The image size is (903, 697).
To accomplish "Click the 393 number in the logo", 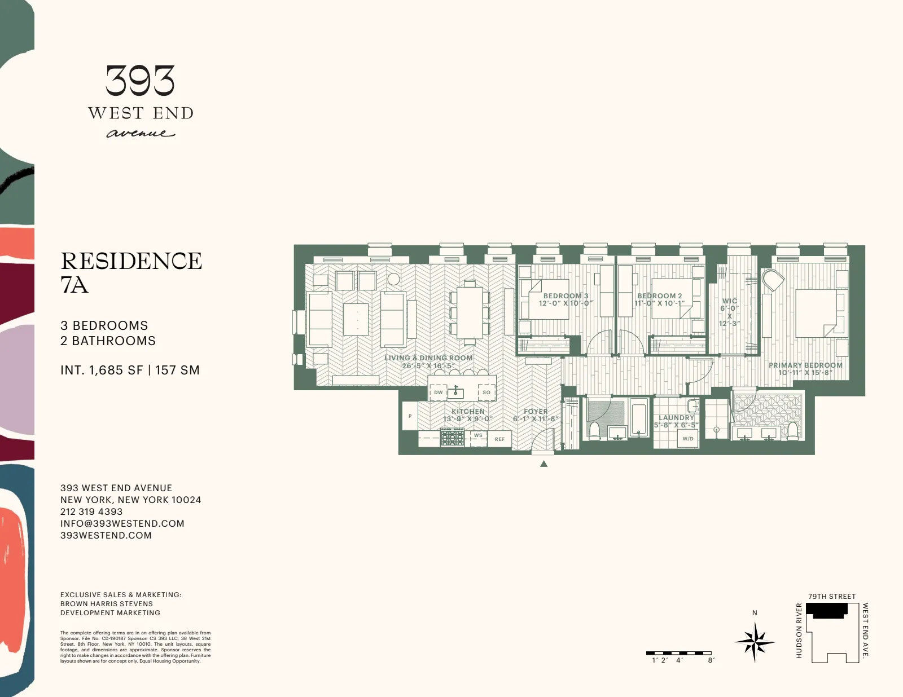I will [140, 81].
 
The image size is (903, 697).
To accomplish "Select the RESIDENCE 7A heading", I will [131, 272].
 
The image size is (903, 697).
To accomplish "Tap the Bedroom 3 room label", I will [566, 299].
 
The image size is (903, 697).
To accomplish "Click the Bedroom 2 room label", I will [659, 299].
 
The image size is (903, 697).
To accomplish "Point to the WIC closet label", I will [729, 312].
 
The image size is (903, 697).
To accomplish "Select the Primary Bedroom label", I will [805, 369].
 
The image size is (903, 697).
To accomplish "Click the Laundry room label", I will [676, 421].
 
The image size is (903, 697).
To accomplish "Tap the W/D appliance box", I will [687, 438].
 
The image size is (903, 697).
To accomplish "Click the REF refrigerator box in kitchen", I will [499, 439].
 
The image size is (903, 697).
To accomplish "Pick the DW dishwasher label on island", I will [439, 392].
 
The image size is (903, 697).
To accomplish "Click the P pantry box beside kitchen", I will [410, 416].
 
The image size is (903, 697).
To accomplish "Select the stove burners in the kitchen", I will [452, 437].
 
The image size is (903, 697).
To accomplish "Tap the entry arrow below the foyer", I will [543, 464].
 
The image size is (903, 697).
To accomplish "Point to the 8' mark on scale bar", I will [711, 660].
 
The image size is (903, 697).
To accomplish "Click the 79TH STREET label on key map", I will [831, 596].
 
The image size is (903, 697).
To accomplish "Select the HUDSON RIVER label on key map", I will [799, 630].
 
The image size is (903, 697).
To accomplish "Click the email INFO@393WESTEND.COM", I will [122, 523].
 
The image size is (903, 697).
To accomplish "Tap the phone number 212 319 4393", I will [91, 511].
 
